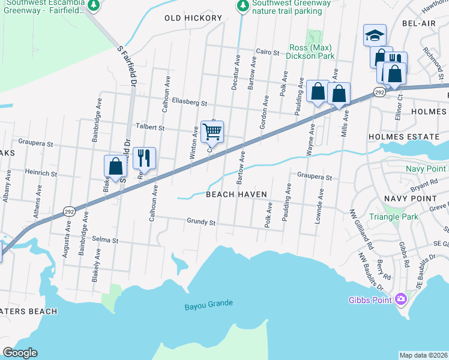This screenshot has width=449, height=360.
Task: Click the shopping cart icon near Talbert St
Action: click(x=212, y=131)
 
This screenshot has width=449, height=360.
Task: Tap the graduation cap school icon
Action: click(x=375, y=35)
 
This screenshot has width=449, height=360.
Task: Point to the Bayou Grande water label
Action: click(x=208, y=304)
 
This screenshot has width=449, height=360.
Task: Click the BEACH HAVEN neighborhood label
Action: click(x=236, y=194)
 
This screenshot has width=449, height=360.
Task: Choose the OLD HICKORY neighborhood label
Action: click(x=193, y=19)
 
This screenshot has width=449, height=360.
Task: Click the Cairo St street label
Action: click(x=268, y=53)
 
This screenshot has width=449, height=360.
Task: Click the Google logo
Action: click(x=20, y=353)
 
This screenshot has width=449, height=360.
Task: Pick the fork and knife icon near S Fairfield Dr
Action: click(x=144, y=158)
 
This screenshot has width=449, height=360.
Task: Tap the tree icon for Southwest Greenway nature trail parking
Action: click(x=242, y=6)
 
